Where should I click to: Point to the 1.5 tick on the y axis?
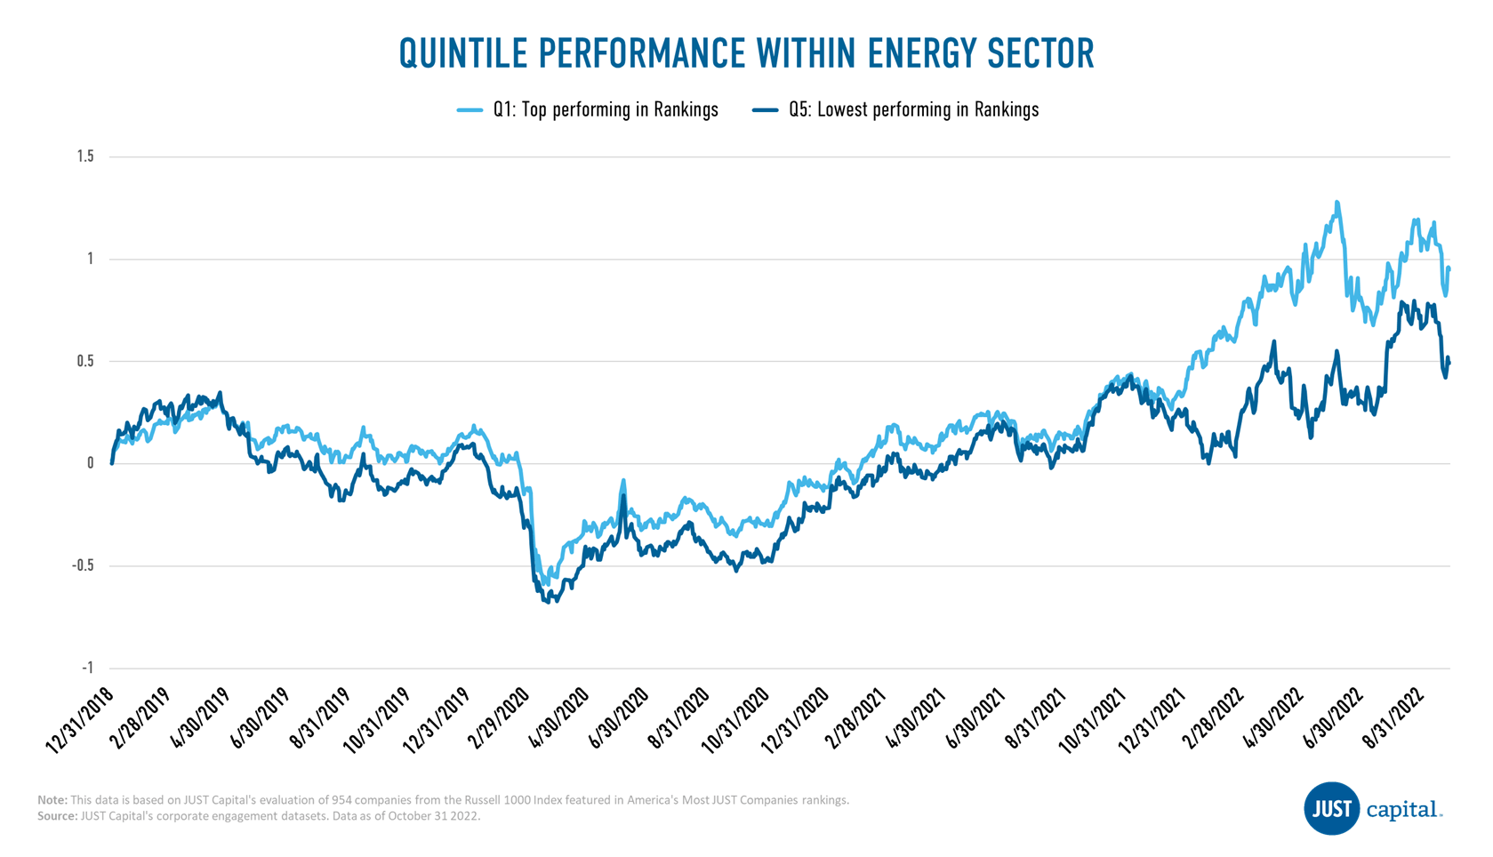85,156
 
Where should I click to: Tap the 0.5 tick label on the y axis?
85,361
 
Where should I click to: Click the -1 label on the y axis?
87,668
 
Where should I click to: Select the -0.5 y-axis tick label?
83,565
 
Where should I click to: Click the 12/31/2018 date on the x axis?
80,722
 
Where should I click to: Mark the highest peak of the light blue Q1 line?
1336,204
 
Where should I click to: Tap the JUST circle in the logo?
1330,809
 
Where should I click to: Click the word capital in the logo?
1402,810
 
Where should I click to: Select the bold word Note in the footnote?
52,800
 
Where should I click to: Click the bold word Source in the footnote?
56,816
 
